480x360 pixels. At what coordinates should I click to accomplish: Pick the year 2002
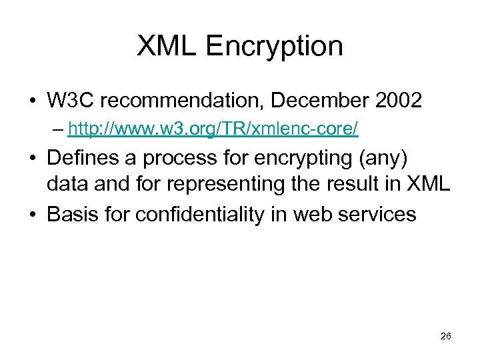coord(397,101)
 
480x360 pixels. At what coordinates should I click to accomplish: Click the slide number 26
coord(446,336)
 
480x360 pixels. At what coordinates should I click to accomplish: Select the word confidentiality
coord(201,214)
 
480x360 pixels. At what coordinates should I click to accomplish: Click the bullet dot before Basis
coord(33,215)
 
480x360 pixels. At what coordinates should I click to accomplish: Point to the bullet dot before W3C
coord(33,101)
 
